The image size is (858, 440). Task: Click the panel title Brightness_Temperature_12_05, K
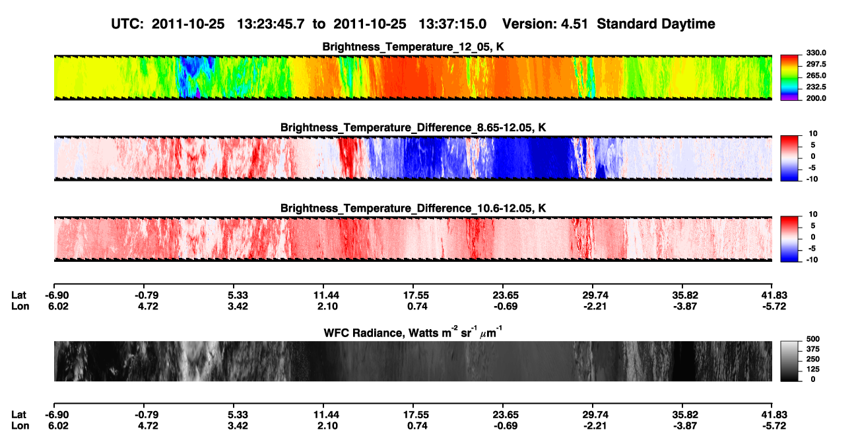tap(413, 47)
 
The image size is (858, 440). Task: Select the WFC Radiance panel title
tap(413, 332)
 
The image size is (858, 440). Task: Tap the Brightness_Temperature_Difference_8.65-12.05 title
tap(413, 127)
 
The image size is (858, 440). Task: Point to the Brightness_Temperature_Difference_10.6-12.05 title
tap(413, 208)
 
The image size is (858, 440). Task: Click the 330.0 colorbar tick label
tap(816, 53)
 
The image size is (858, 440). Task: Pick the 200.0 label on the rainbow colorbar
tap(816, 98)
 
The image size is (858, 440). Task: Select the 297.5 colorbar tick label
tap(816, 65)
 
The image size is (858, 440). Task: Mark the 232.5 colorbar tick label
tap(816, 87)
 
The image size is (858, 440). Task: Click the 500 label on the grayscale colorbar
tap(813, 339)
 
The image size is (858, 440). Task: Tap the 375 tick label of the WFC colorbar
tap(813, 349)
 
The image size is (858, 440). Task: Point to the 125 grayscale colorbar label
tap(813, 369)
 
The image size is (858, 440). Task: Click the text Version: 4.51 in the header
tap(545, 24)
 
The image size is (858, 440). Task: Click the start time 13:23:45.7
tap(271, 24)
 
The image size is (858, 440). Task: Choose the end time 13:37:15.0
tap(452, 24)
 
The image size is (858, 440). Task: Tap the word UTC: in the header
tap(127, 24)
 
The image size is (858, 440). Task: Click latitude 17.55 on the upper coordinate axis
tap(416, 296)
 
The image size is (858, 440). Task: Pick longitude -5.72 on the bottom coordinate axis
tap(774, 426)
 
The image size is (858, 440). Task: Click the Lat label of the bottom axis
tap(18, 415)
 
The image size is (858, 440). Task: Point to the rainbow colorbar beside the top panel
tap(789, 78)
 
